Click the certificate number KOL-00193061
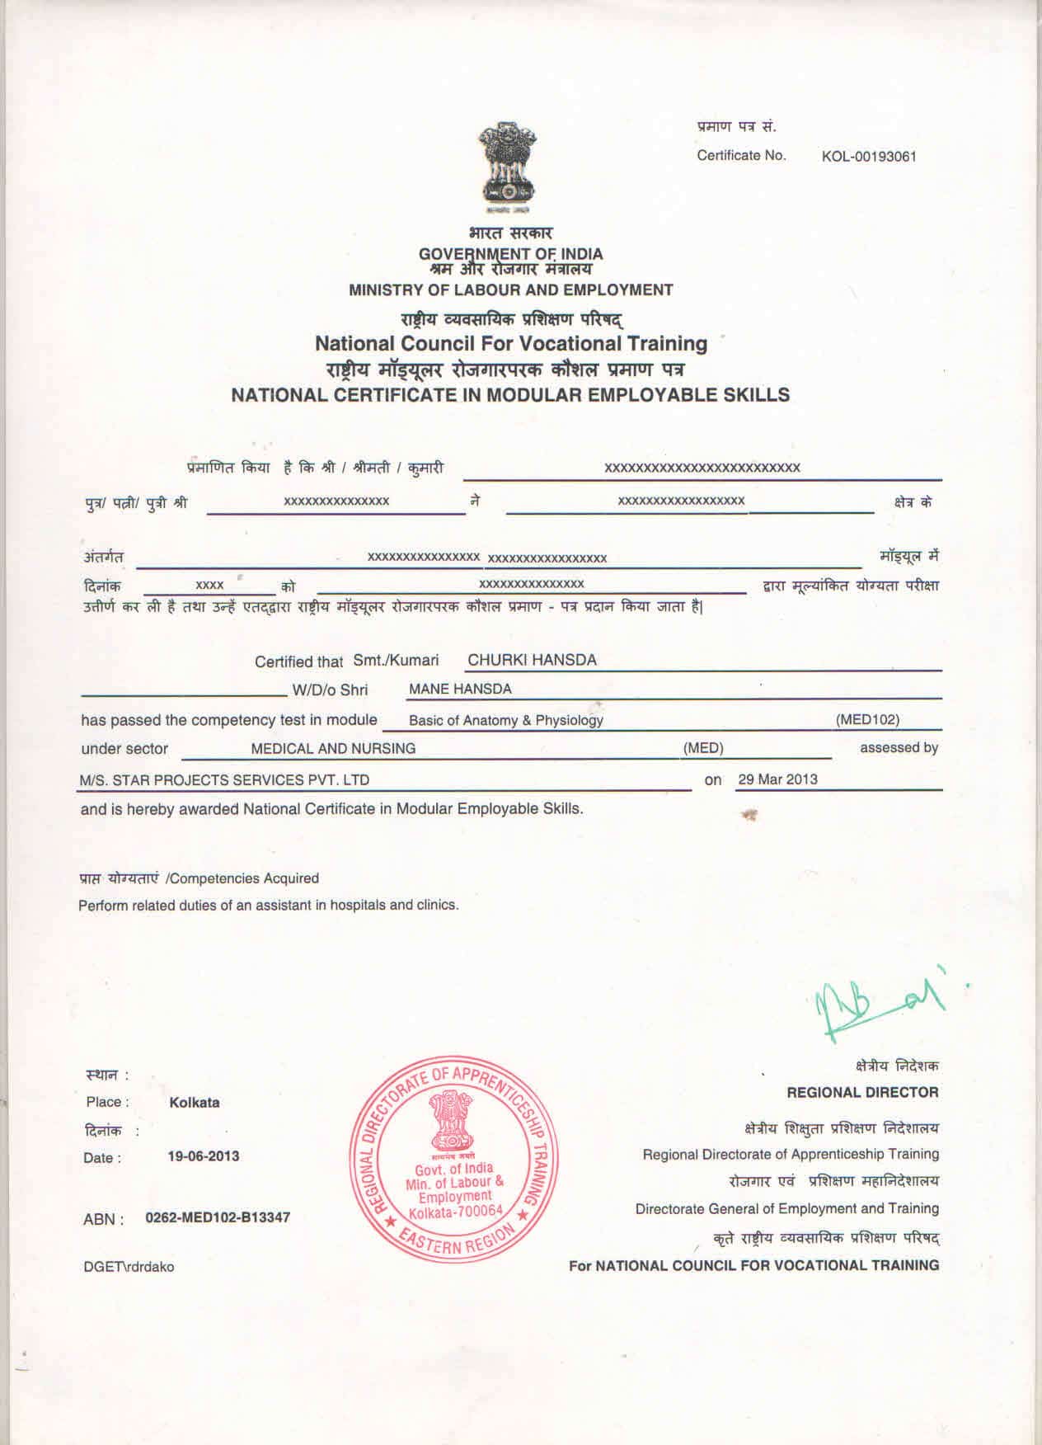click(869, 157)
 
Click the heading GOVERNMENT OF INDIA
click(510, 254)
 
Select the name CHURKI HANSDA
click(532, 660)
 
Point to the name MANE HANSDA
click(460, 689)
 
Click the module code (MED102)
click(867, 719)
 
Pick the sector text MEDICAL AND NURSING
click(333, 749)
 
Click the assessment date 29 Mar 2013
click(777, 779)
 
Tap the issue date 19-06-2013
click(204, 1156)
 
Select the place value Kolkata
click(195, 1103)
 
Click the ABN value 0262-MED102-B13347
click(218, 1217)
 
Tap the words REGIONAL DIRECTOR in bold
click(862, 1093)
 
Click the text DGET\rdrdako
click(129, 1267)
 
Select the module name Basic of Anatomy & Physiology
click(506, 720)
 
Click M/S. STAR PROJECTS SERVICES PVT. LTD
click(224, 780)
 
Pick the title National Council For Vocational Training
click(511, 343)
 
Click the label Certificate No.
click(741, 156)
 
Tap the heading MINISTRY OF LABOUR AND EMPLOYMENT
click(510, 290)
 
